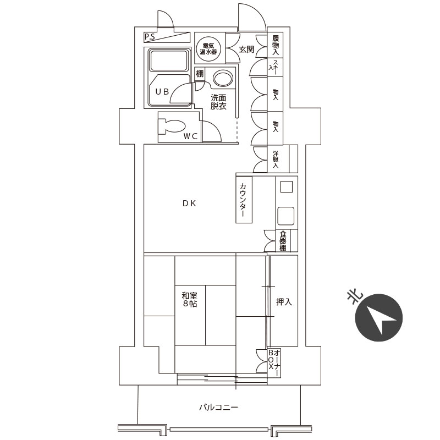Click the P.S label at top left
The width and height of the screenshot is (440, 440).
(x=149, y=37)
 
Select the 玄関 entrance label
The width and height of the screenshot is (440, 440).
(x=246, y=50)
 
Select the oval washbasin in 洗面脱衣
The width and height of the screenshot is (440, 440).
(x=223, y=79)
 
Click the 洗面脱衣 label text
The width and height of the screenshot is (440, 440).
(x=218, y=102)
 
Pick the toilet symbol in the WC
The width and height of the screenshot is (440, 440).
(x=173, y=125)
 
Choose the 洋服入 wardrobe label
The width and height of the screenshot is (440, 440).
(x=276, y=158)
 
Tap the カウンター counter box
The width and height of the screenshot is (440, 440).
(x=243, y=200)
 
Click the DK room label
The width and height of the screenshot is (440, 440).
(x=190, y=204)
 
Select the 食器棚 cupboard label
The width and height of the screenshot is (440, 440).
(x=282, y=241)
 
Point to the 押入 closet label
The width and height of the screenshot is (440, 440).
(x=284, y=302)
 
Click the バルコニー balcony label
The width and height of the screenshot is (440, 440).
(x=218, y=408)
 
